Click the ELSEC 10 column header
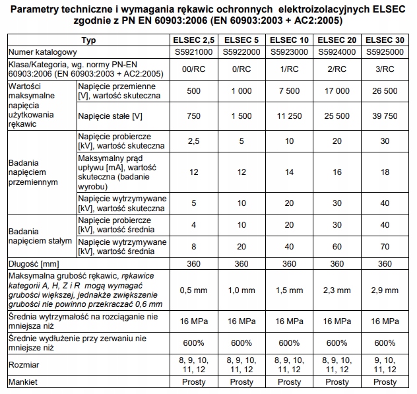coord(289,40)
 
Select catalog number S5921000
coord(194,51)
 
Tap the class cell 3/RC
coord(386,69)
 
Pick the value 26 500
coord(386,91)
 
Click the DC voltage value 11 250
coord(289,116)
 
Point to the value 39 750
coord(386,116)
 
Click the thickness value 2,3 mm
coord(338,290)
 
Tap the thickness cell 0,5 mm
coord(194,290)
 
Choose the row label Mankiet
coord(22,382)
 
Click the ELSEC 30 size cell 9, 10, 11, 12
coord(386,364)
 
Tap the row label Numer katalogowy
coord(40,51)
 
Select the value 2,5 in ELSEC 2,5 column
coord(194,141)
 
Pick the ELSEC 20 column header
coord(338,40)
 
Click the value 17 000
coord(338,91)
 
